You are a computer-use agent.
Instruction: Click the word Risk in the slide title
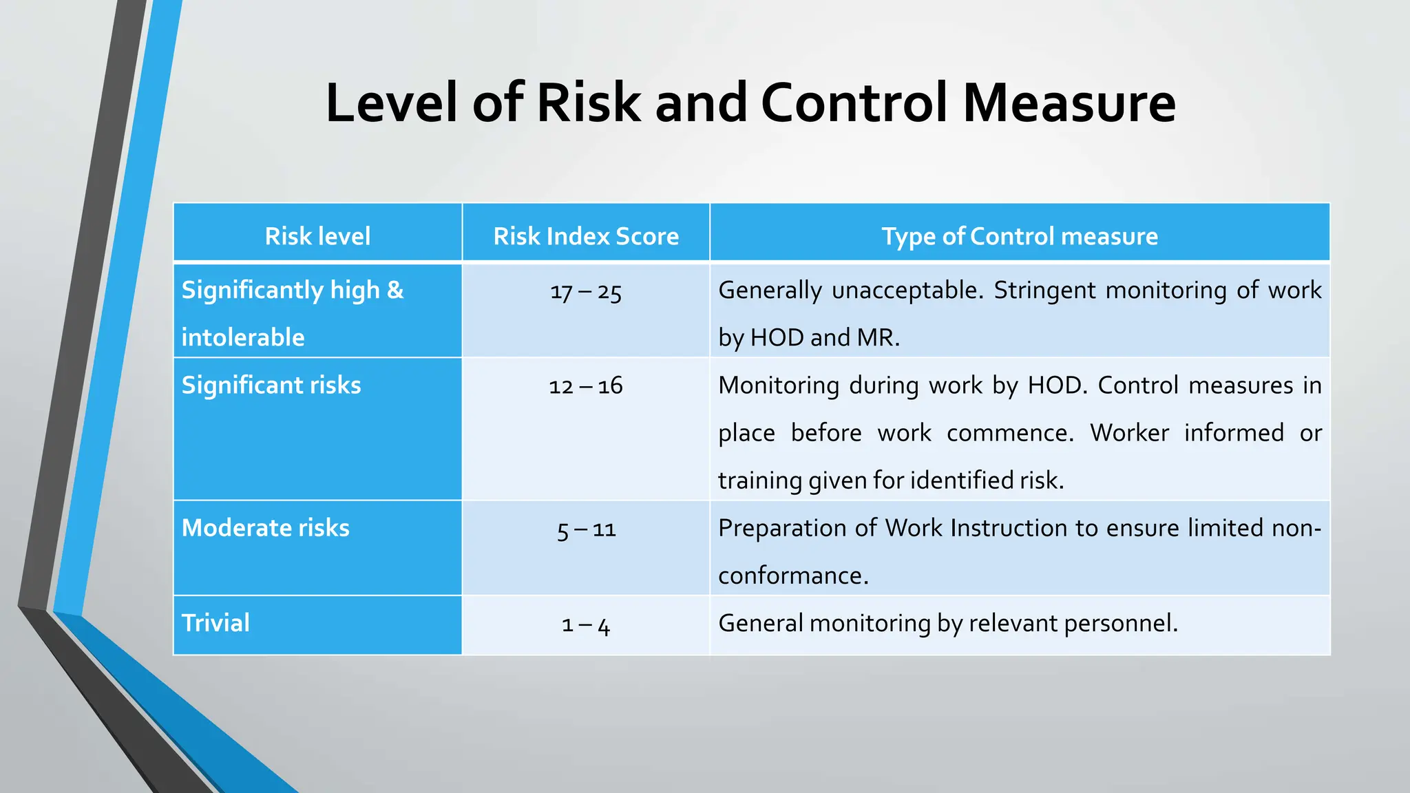589,103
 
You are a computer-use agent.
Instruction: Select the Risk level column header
317,236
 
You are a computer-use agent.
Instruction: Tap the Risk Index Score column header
586,236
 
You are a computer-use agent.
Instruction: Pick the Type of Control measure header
1020,236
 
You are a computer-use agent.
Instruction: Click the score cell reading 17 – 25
586,292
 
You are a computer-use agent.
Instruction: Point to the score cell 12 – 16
586,385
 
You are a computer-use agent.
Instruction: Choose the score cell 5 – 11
586,529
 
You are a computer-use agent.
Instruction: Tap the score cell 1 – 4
586,624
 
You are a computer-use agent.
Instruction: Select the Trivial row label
215,623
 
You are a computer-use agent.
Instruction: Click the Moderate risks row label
265,528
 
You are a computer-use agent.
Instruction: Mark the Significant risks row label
271,385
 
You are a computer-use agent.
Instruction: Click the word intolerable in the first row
242,337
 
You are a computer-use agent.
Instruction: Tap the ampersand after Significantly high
395,290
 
